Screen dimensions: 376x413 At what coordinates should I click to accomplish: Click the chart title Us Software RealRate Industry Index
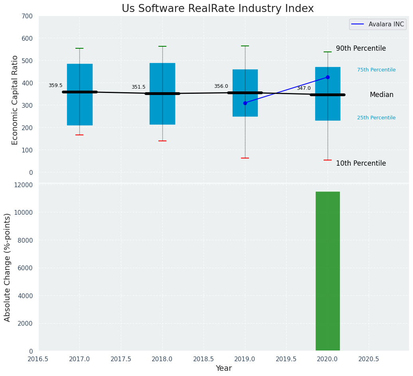coord(217,9)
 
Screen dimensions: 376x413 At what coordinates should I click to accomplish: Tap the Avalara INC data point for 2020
coord(328,77)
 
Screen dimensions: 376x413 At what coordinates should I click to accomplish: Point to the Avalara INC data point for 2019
coord(245,103)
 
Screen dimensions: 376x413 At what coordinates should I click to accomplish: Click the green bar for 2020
coord(328,271)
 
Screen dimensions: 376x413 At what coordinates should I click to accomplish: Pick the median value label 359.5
coord(55,85)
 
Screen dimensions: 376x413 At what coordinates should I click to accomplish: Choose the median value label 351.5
coord(138,87)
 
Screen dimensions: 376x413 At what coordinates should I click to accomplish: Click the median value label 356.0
coord(221,86)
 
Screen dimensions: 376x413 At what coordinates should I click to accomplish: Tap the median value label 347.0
coord(304,88)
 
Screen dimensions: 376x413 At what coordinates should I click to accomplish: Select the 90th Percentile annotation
coord(361,48)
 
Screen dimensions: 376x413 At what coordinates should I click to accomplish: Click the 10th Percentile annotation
coord(361,163)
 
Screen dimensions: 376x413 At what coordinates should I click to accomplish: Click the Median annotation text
coord(381,95)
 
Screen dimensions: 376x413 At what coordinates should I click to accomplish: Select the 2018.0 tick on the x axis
coord(162,359)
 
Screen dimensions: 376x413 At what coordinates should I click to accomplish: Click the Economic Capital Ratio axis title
coord(15,100)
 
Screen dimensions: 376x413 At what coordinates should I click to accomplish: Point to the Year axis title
coord(224,368)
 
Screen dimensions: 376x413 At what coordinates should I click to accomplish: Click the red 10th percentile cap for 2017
coord(79,135)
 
